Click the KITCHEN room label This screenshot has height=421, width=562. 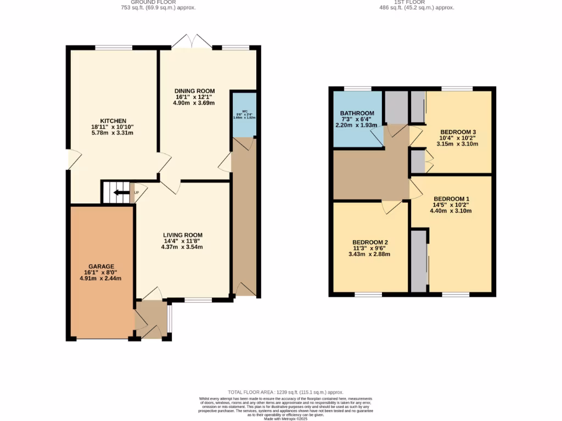click(x=113, y=121)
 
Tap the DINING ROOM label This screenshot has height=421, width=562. click(x=194, y=91)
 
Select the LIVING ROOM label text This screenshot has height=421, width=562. click(x=182, y=235)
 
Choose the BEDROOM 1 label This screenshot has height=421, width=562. click(x=451, y=198)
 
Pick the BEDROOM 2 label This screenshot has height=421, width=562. click(x=370, y=242)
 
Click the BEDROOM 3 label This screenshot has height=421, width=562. click(x=457, y=132)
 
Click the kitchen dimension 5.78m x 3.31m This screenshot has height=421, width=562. click(x=113, y=133)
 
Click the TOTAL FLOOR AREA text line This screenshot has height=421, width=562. click(x=286, y=392)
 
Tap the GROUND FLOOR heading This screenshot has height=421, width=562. click(x=159, y=2)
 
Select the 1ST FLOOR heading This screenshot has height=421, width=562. click(x=418, y=2)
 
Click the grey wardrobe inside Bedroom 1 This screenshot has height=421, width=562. click(x=419, y=261)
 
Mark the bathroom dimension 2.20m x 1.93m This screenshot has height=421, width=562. click(x=357, y=125)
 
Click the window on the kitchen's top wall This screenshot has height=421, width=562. click(x=114, y=48)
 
